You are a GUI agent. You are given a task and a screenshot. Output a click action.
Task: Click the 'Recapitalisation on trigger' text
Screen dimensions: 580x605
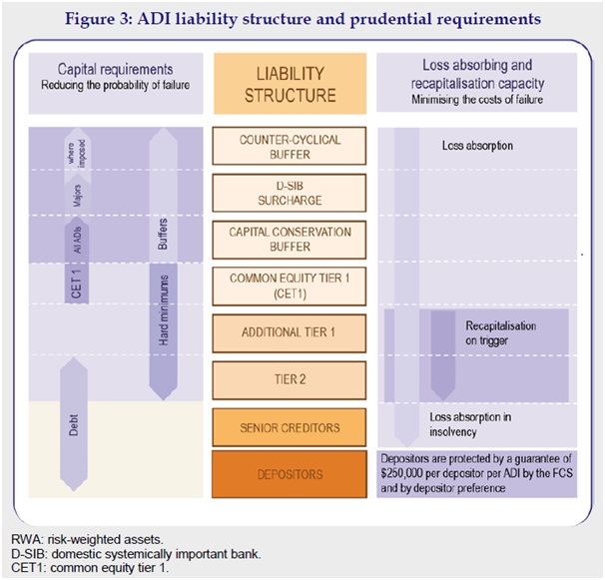point(500,332)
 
